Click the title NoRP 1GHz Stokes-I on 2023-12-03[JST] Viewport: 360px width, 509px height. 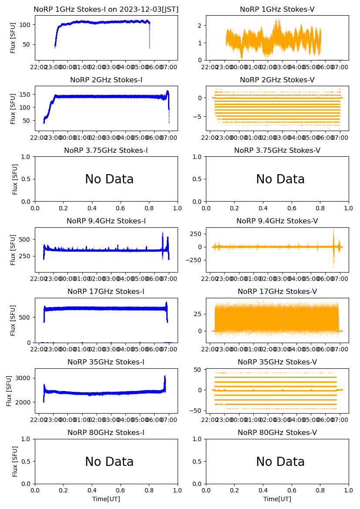(106, 9)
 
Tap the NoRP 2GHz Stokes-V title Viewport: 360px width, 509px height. (277, 80)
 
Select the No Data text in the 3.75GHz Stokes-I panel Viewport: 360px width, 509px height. (109, 179)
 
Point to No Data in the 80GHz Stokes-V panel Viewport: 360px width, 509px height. (280, 462)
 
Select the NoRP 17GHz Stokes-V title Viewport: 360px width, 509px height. (277, 291)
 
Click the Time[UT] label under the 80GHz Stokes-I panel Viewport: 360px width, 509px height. (106, 499)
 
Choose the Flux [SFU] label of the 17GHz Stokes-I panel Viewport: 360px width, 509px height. (13, 320)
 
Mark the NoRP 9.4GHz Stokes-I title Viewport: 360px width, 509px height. (106, 221)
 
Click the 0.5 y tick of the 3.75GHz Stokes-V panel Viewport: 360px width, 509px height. (199, 179)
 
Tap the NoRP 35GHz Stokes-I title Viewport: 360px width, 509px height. (106, 362)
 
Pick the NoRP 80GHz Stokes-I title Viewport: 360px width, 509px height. (106, 432)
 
